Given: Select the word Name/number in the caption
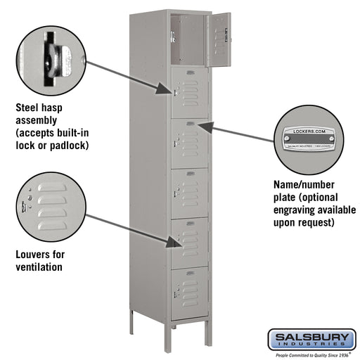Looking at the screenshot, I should coord(298,186).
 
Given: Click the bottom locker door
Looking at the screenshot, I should coord(190,293).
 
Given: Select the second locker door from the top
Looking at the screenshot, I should coord(190,92).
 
